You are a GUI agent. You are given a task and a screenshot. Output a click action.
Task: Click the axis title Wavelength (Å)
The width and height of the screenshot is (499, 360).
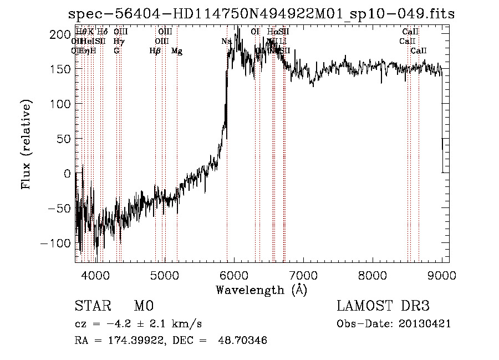point(261,290)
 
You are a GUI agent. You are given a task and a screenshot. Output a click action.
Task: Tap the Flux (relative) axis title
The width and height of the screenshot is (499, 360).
point(26,145)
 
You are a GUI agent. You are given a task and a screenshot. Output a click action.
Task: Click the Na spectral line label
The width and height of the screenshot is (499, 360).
point(226,41)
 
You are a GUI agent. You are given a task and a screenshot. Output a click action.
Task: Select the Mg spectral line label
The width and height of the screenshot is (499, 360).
point(176,51)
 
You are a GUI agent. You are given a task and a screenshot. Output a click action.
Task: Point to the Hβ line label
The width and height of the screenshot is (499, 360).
point(155,51)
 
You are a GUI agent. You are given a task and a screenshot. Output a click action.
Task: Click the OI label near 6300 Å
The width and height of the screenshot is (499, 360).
point(255,32)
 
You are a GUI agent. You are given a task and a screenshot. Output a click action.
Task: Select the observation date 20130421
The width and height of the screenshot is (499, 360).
point(425,323)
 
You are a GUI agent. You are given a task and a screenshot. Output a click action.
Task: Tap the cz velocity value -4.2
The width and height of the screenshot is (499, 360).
point(114,323)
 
